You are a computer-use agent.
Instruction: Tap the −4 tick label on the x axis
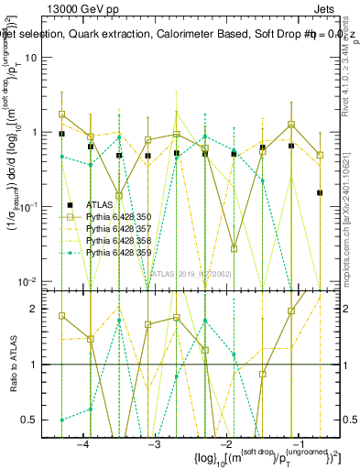82,442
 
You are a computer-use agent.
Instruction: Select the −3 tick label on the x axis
155,442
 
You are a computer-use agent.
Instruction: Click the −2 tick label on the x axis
226,442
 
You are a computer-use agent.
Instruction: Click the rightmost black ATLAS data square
320,192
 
